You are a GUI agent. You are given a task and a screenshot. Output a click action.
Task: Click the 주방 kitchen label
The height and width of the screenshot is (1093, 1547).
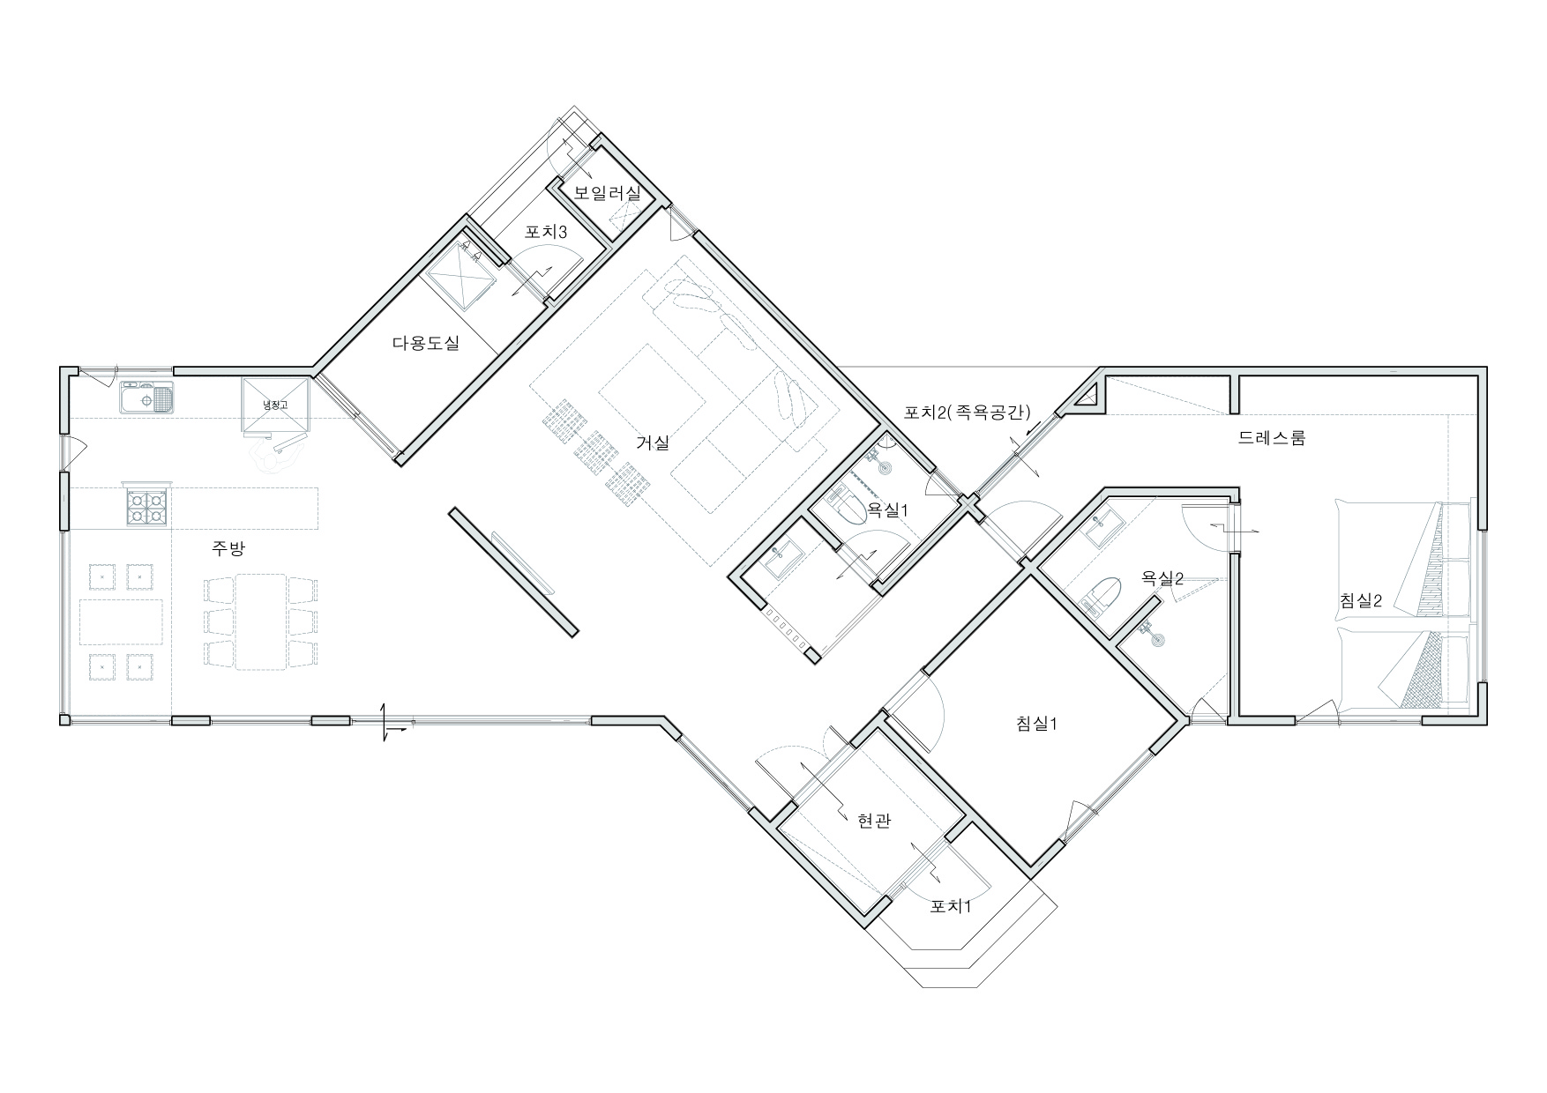point(228,549)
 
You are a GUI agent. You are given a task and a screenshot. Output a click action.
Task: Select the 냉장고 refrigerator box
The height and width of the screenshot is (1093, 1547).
point(276,406)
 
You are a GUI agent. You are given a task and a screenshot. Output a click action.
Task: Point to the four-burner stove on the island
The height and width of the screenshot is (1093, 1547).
point(147,508)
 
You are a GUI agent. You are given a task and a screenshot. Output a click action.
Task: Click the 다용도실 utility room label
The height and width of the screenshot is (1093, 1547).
point(425,344)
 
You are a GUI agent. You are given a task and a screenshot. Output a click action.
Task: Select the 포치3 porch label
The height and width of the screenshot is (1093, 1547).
point(546,233)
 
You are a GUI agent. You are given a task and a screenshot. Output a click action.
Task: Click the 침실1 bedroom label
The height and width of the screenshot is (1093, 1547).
point(1036,724)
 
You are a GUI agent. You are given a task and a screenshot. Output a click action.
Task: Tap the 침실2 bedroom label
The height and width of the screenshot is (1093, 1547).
point(1360,600)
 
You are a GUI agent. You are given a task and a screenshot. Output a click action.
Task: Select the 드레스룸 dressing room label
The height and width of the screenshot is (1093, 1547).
point(1271,437)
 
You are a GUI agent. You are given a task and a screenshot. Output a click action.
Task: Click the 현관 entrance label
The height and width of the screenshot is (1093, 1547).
point(873,821)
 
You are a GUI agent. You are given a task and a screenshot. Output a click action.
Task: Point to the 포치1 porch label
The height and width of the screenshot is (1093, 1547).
point(951,906)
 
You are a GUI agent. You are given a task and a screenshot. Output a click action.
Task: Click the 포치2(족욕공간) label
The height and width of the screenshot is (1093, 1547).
point(967,411)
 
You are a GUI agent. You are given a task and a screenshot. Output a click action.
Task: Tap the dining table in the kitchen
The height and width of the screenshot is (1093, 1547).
point(260,621)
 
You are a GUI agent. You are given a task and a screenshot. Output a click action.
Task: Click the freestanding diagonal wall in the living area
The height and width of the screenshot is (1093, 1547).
point(513,571)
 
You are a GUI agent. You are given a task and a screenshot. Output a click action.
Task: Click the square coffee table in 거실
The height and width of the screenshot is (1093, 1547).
point(652,386)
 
